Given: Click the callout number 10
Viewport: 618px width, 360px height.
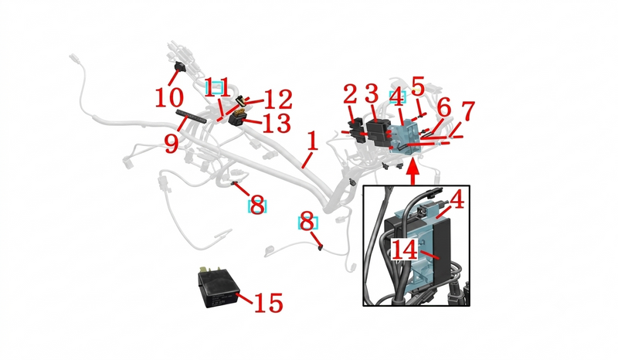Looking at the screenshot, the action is point(169,97).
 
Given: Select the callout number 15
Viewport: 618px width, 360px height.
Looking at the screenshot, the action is point(268,304).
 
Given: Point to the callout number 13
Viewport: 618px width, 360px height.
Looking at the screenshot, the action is point(277,123).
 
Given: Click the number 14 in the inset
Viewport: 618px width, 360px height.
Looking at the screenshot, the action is point(404,250).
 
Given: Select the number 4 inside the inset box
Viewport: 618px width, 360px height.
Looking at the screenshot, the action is point(457,200).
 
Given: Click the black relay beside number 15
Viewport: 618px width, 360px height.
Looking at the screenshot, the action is point(218,287).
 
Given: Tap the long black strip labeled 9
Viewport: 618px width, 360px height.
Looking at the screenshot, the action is point(191,117).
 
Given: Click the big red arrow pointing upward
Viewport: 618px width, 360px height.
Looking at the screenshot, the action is point(413,171).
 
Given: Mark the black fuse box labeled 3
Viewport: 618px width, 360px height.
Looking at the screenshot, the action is point(378,132).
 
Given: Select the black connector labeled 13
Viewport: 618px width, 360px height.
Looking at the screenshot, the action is point(237,118).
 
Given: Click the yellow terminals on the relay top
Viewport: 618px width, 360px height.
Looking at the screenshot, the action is point(209,270).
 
